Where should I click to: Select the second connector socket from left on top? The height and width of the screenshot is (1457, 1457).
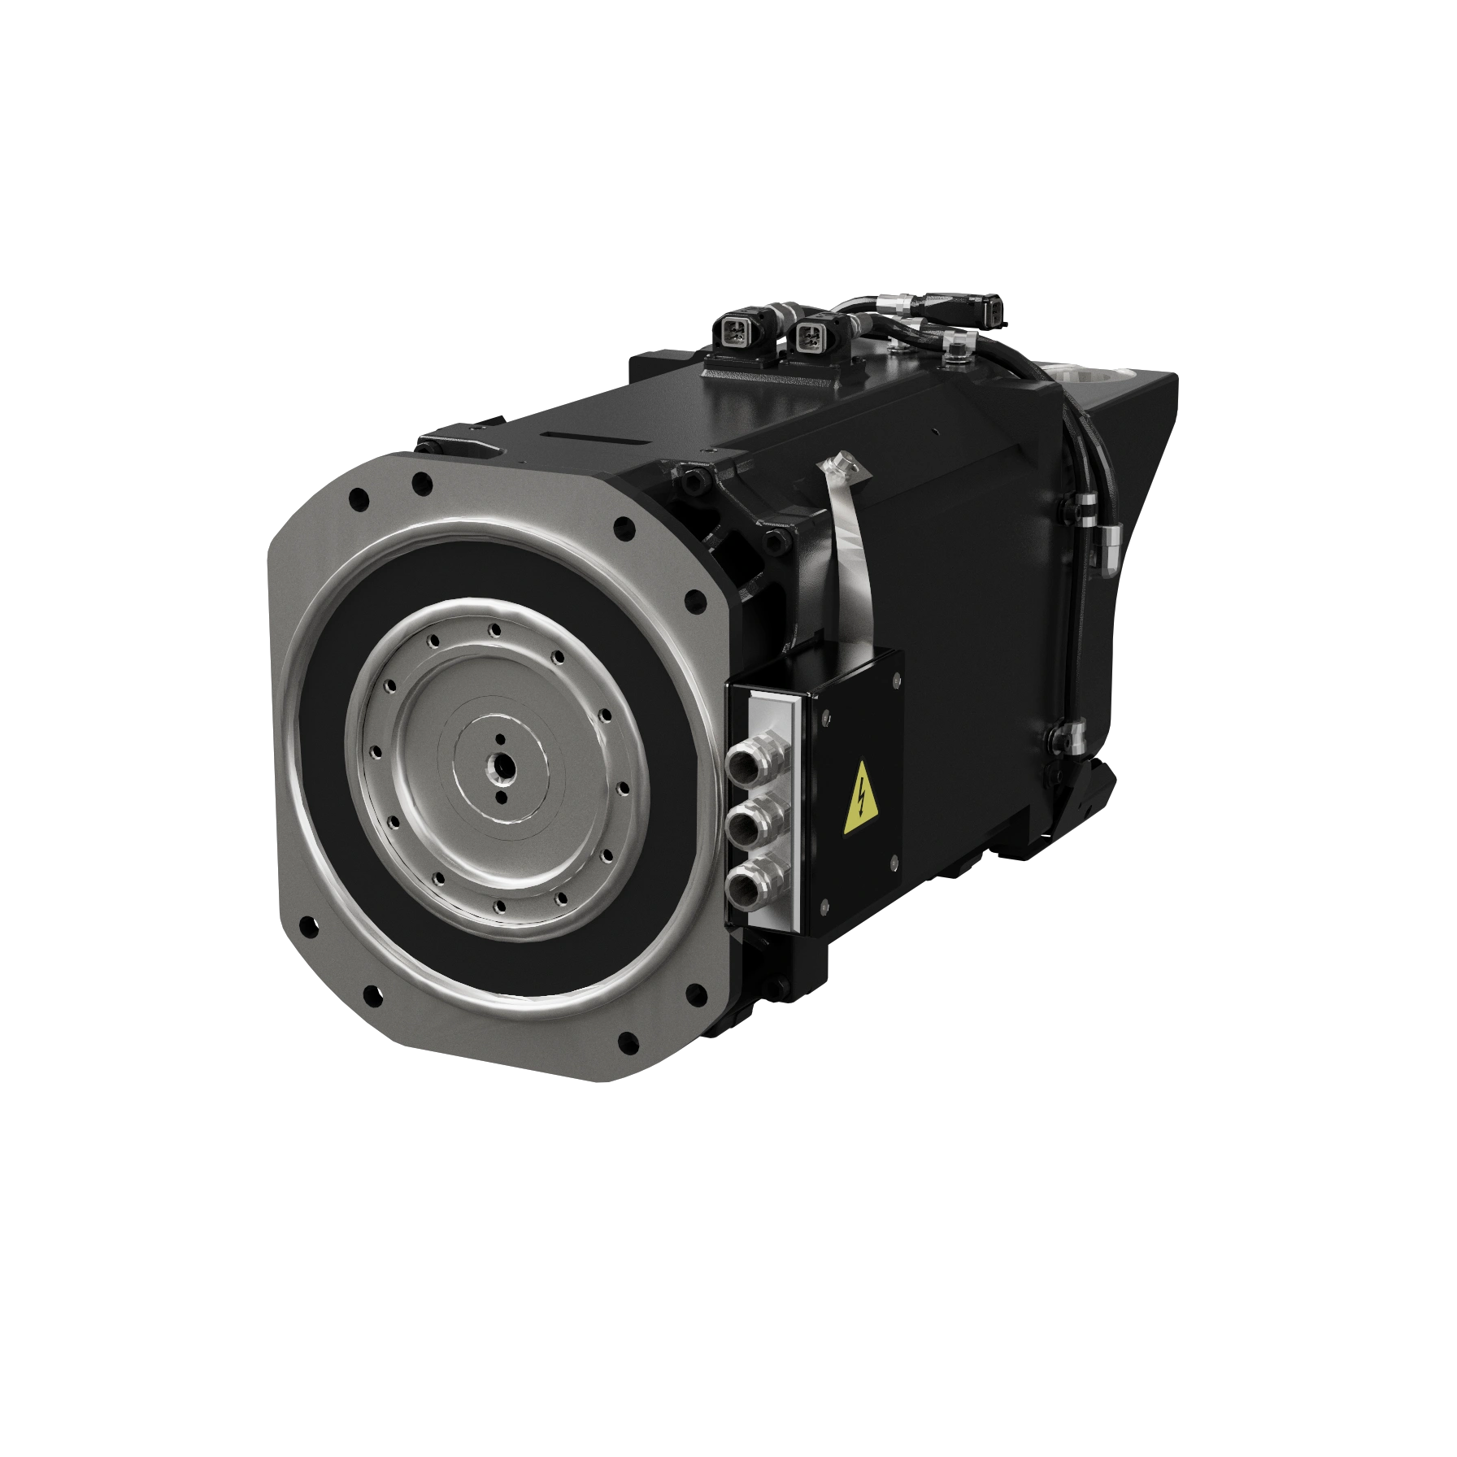pos(808,334)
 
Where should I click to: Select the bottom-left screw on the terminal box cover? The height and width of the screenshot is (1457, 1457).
pos(824,905)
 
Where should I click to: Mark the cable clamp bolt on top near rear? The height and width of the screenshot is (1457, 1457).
pos(955,350)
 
